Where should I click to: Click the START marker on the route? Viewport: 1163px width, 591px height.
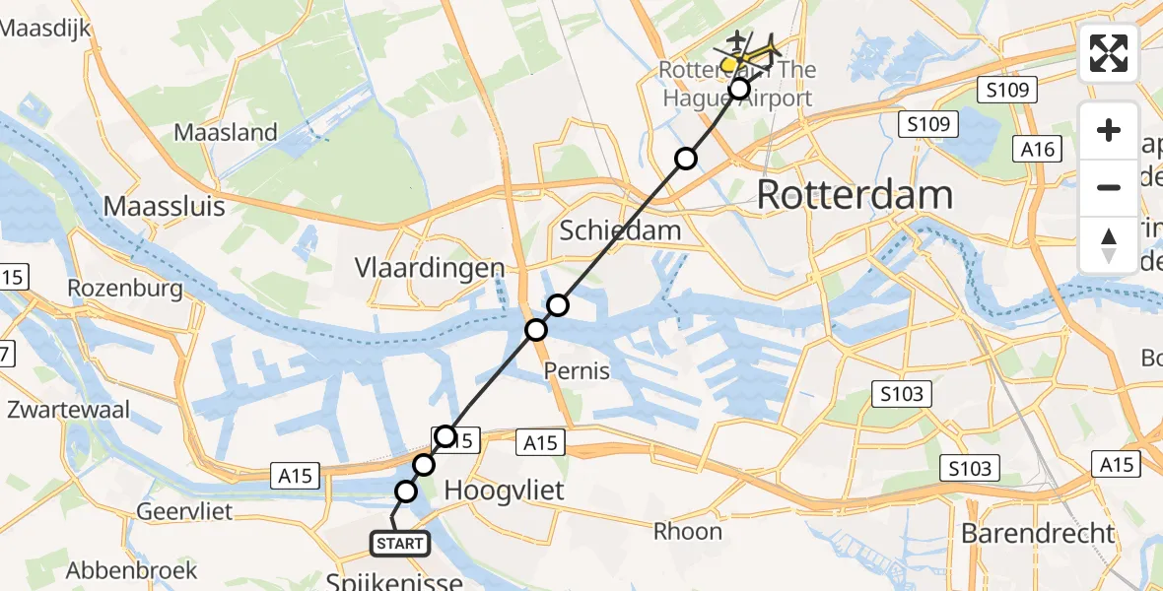tap(400, 543)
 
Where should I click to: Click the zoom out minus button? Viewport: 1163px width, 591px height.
tap(1109, 187)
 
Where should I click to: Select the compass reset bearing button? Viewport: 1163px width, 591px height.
tap(1109, 244)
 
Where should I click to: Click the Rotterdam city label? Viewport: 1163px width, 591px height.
tap(855, 195)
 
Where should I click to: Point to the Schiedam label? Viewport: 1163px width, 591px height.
tap(620, 230)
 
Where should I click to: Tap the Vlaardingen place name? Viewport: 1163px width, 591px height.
tap(430, 268)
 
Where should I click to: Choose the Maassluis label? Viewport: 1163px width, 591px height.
tap(165, 207)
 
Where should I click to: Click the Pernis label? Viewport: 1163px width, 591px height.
tap(577, 371)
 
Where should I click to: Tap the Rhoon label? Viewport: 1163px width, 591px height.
tap(688, 531)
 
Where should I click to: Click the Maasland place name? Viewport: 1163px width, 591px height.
tap(226, 132)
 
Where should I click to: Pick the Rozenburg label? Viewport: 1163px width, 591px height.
tap(125, 289)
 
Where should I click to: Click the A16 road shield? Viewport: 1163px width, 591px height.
tap(1038, 150)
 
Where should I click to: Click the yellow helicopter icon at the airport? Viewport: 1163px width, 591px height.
tap(733, 63)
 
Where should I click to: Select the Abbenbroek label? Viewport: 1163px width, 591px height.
tap(132, 570)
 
